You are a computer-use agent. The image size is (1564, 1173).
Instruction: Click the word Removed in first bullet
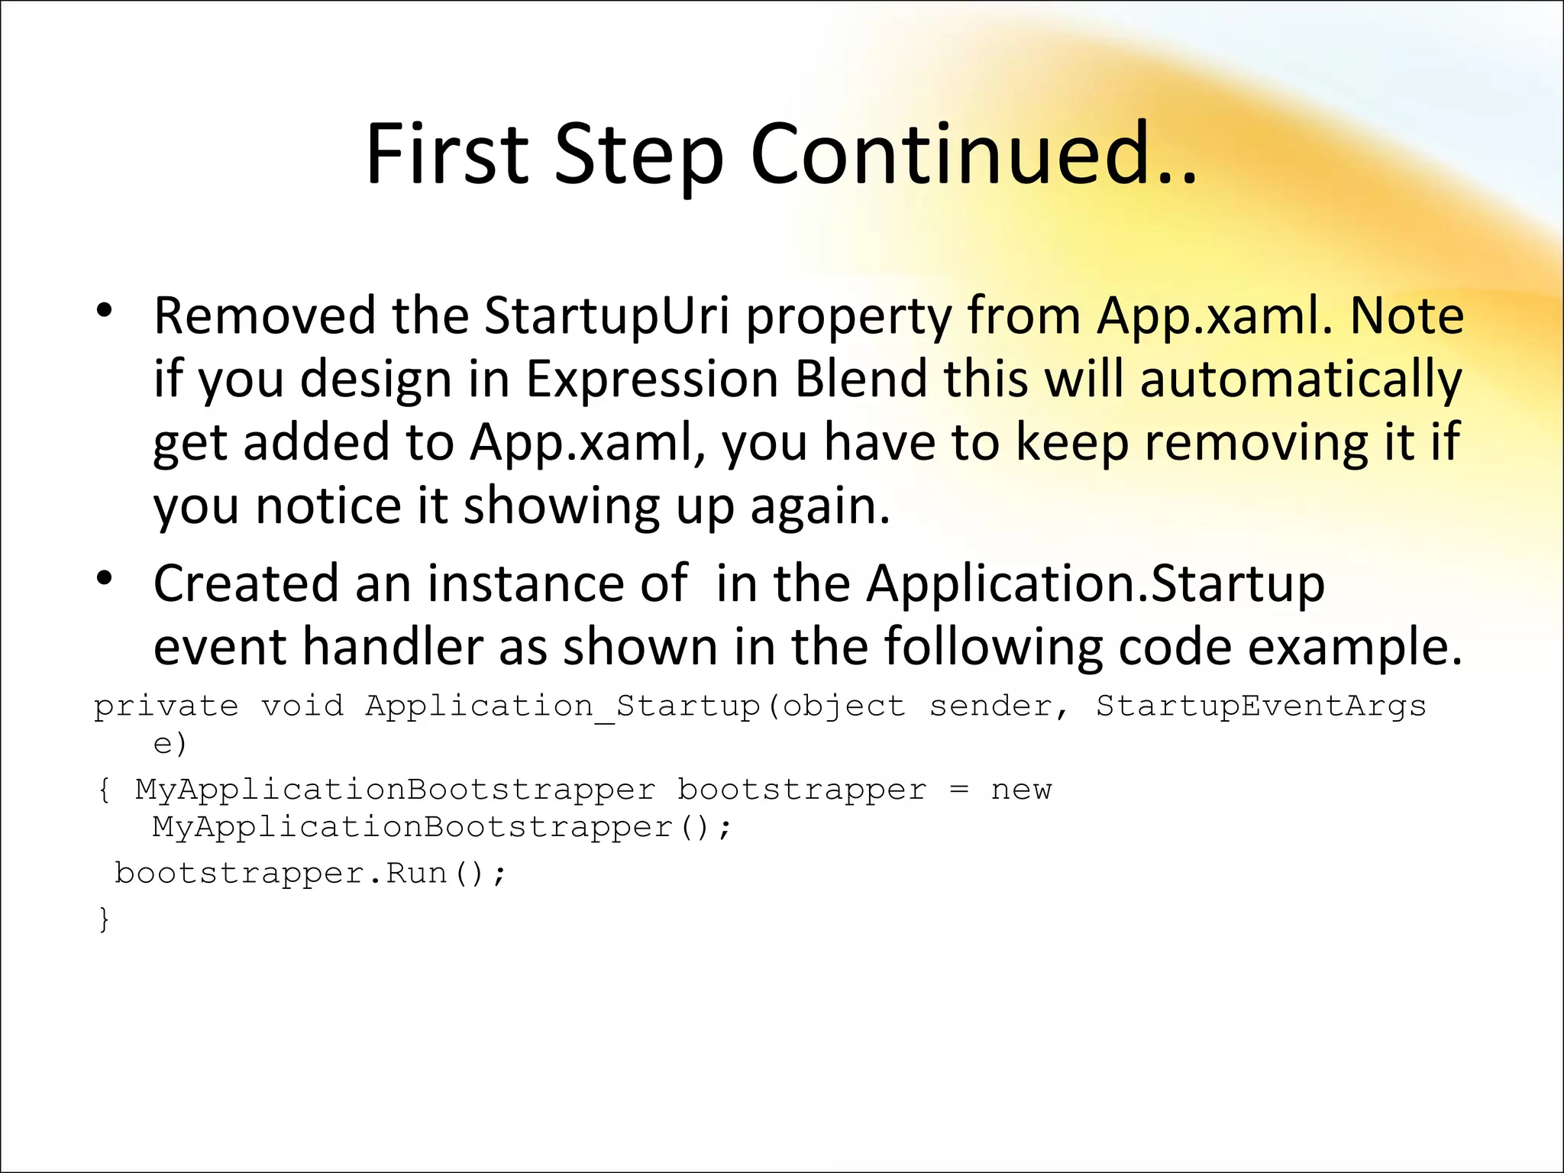click(264, 315)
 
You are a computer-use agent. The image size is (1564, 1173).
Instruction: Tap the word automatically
click(1301, 380)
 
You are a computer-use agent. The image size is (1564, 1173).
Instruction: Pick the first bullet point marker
click(105, 311)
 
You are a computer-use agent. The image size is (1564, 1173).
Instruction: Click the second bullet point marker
click(105, 579)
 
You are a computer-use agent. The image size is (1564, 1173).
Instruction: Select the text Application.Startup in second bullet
click(1095, 583)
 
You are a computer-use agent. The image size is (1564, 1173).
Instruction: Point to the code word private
click(166, 706)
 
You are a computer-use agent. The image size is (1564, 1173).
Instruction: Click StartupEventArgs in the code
click(1260, 706)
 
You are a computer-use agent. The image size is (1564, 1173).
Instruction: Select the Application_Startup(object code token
click(635, 706)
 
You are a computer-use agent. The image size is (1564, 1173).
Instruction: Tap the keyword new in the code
click(1021, 790)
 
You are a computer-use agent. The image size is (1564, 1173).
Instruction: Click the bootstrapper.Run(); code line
click(310, 873)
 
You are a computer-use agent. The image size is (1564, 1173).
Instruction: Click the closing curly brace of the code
click(105, 919)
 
